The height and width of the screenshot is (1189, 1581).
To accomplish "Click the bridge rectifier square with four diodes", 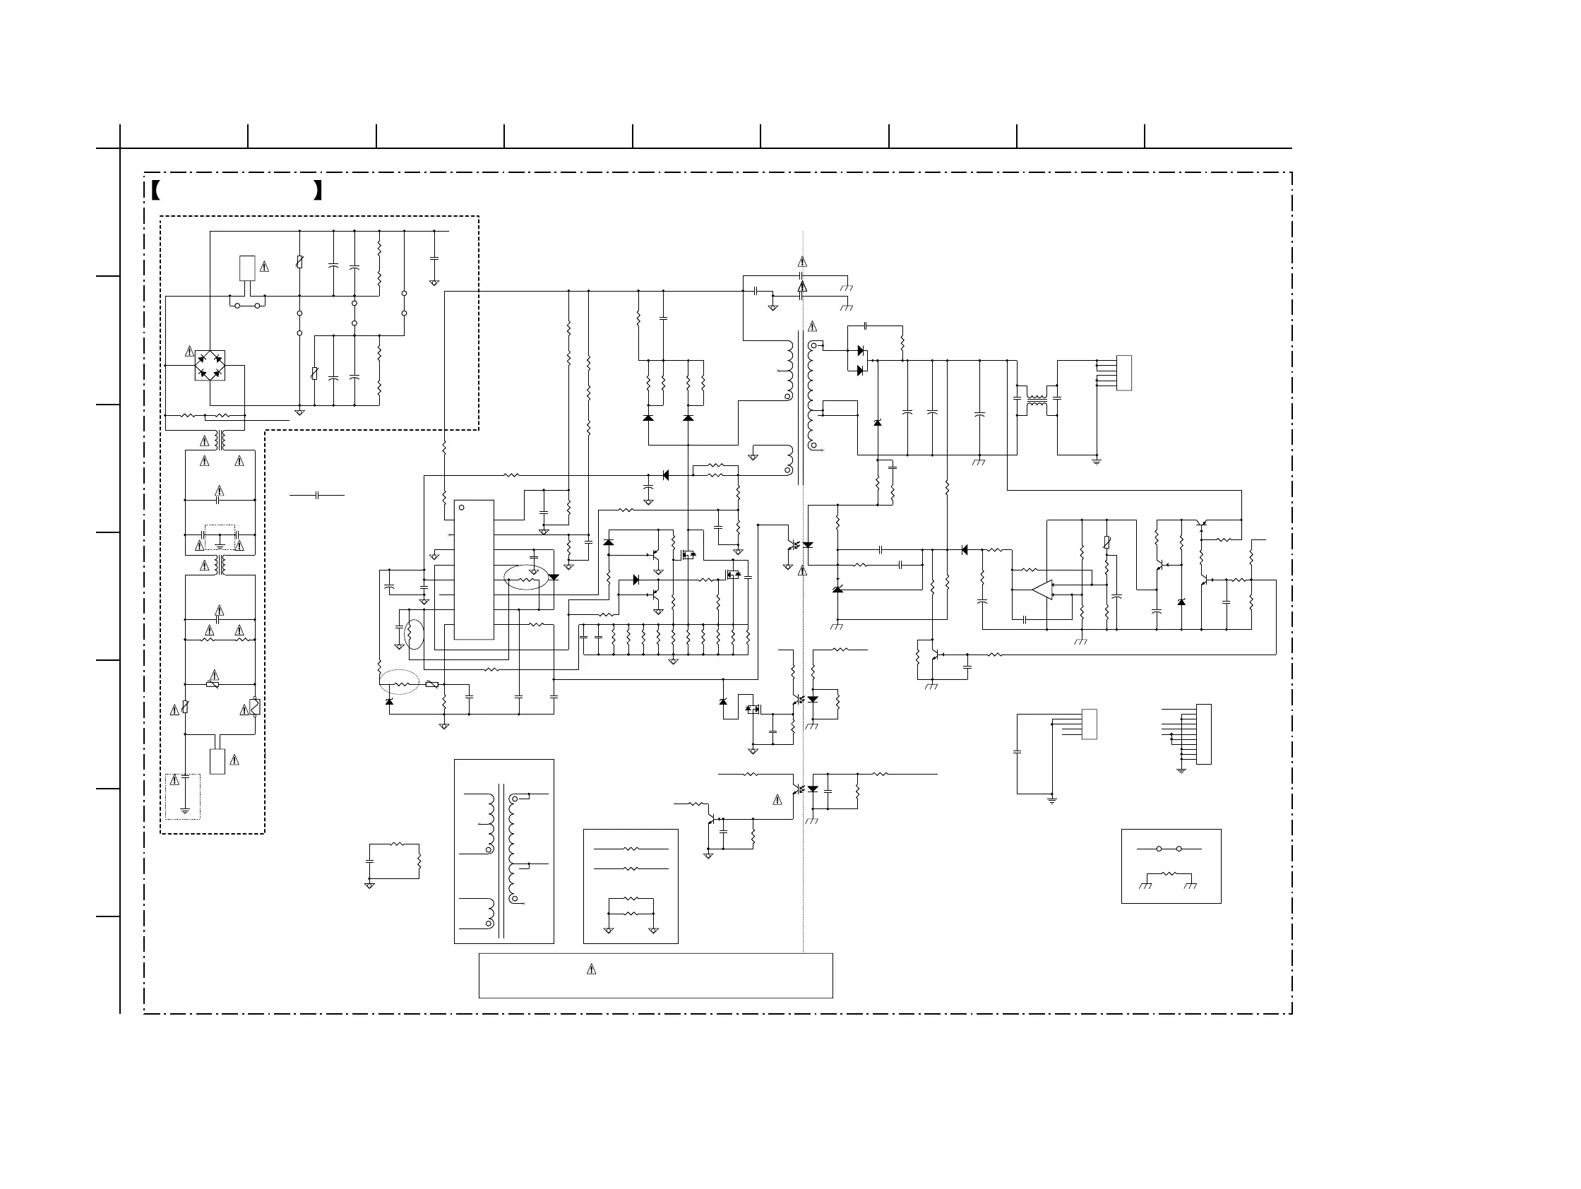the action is [x=210, y=365].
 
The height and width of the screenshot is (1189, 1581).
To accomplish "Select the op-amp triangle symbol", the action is [x=1042, y=590].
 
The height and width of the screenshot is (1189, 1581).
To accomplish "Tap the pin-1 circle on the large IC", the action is [x=462, y=508].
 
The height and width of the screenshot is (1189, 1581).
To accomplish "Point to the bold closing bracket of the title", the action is [x=318, y=191].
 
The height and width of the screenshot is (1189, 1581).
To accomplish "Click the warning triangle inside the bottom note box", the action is [x=591, y=969].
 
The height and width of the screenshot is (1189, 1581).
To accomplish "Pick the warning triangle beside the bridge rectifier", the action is [x=189, y=352].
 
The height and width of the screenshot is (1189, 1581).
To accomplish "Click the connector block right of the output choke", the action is [x=1123, y=373].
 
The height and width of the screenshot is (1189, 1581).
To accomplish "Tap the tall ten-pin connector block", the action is [x=1204, y=734].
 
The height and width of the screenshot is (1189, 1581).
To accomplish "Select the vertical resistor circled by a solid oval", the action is [x=410, y=634].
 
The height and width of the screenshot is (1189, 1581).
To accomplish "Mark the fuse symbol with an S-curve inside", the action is [x=254, y=707].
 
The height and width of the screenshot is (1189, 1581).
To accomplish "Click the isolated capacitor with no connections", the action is [x=316, y=494].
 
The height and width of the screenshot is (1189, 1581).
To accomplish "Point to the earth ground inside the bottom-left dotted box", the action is [x=185, y=811].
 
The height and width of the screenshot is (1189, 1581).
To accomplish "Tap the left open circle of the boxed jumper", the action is [x=1159, y=849].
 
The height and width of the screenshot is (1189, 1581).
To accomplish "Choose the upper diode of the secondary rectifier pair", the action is [x=861, y=351].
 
